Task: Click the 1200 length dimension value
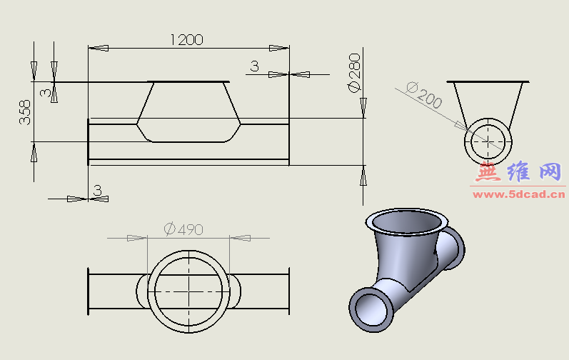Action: (186, 39)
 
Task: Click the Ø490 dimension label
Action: (183, 229)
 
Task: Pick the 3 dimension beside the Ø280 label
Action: (254, 66)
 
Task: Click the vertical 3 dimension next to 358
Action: (45, 93)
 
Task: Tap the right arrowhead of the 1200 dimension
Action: (279, 48)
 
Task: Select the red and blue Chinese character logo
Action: (519, 172)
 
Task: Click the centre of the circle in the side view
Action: (488, 141)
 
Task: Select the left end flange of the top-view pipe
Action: (89, 291)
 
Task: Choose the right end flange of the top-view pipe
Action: (289, 291)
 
